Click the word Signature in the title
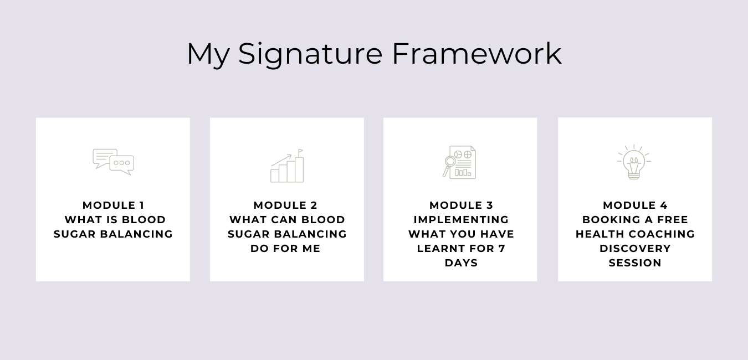coord(310,55)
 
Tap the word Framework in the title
coord(477,54)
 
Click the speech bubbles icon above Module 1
coord(113,162)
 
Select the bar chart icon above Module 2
coord(287,166)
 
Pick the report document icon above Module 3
coord(459,162)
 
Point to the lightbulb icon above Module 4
coord(634,162)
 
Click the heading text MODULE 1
coord(113,205)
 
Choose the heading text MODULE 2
coord(285,205)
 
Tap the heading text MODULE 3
coord(461,205)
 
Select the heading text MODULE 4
coord(635,205)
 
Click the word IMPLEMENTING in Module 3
coord(461,219)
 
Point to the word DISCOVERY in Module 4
coord(635,249)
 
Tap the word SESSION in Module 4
coord(635,263)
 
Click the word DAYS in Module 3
coord(461,263)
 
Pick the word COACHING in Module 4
coord(662,234)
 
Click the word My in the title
coord(208,55)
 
